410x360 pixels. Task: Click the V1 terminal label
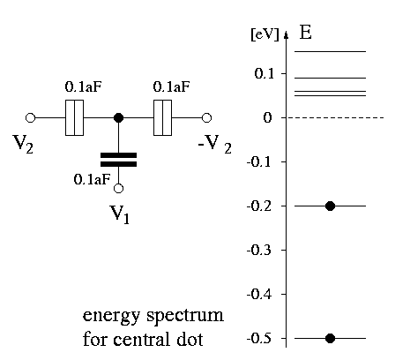pyautogui.click(x=119, y=214)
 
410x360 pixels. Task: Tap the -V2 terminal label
pyautogui.click(x=215, y=145)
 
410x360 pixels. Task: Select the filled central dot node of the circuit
pyautogui.click(x=118, y=118)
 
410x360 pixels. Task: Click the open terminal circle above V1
pyautogui.click(x=118, y=188)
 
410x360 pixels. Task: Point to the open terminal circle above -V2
pyautogui.click(x=206, y=117)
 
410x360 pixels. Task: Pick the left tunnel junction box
pyautogui.click(x=74, y=117)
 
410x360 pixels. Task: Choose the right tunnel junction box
pyautogui.click(x=162, y=117)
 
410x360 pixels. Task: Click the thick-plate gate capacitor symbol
pyautogui.click(x=118, y=160)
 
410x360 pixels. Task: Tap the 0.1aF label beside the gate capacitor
pyautogui.click(x=92, y=179)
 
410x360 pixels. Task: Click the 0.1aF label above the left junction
pyautogui.click(x=83, y=86)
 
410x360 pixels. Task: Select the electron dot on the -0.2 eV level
pyautogui.click(x=330, y=206)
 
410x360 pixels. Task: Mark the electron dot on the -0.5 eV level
pyautogui.click(x=330, y=339)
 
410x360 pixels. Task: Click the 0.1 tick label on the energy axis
pyautogui.click(x=265, y=73)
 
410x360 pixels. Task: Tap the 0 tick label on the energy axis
pyautogui.click(x=267, y=118)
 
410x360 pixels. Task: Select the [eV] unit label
pyautogui.click(x=265, y=35)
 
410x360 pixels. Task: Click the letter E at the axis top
pyautogui.click(x=305, y=33)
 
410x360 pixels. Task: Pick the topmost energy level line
pyautogui.click(x=331, y=52)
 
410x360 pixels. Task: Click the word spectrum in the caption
pyautogui.click(x=185, y=316)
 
